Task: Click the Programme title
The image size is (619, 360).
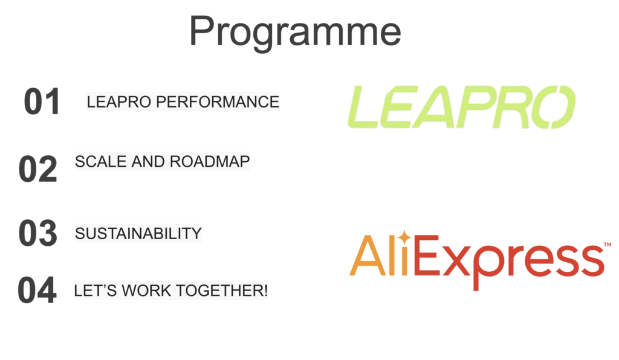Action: tap(295, 33)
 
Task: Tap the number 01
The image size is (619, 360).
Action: tap(42, 101)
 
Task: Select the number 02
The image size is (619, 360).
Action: tap(38, 169)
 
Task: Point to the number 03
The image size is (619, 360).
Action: tap(38, 233)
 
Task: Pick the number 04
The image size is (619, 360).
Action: tap(37, 290)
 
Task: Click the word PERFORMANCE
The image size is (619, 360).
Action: tap(218, 101)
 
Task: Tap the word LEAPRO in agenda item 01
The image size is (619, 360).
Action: tap(119, 101)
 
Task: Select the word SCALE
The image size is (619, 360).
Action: tap(101, 162)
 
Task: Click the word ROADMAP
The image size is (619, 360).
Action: tap(210, 162)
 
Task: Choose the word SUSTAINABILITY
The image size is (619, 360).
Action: tap(138, 233)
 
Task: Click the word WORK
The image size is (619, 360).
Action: tap(146, 291)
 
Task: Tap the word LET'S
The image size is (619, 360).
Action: tap(96, 291)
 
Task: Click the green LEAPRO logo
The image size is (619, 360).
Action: tap(461, 107)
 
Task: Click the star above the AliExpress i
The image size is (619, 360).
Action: tap(404, 238)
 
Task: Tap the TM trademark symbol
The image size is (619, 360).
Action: tap(608, 245)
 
